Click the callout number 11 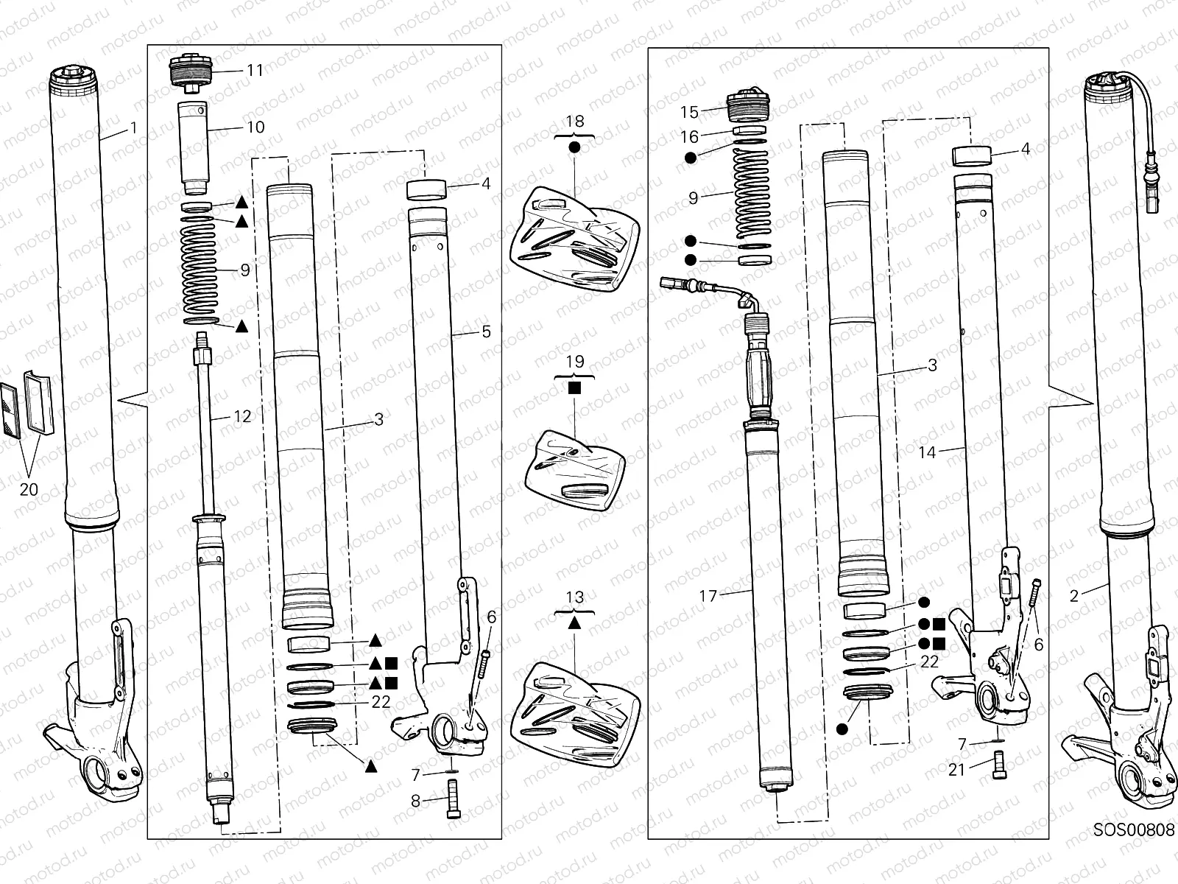click(255, 71)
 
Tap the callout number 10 click(255, 127)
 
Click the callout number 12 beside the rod click(242, 416)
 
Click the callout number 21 click(956, 770)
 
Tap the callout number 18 click(575, 122)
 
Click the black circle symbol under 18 click(575, 147)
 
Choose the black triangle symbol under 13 click(575, 622)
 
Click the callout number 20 click(29, 488)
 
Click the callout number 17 click(708, 596)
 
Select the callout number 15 click(689, 112)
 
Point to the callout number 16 click(689, 137)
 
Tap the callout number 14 click(928, 452)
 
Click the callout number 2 click(1074, 596)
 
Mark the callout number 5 click(486, 332)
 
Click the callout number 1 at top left click(133, 127)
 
